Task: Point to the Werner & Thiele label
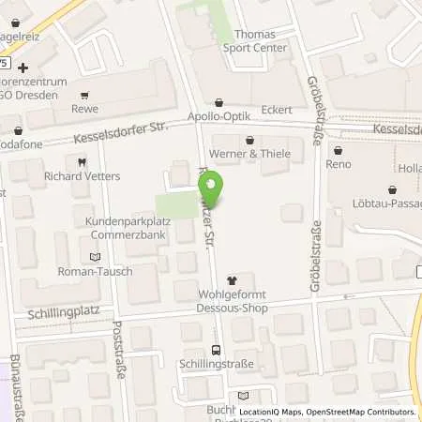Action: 249,154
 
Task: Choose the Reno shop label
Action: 338,164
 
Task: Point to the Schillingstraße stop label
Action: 215,363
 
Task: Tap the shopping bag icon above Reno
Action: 338,149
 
